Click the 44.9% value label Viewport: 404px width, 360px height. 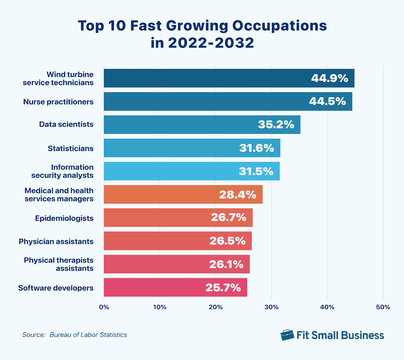329,78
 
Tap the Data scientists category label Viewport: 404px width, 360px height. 66,124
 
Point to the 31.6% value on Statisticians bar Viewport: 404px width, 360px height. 256,148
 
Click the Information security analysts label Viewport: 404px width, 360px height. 72,171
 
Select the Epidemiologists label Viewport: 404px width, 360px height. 64,218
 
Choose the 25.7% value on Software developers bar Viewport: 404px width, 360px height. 223,287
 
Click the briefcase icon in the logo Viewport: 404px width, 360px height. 287,335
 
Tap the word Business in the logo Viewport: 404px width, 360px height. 362,335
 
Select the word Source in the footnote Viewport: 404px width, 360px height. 34,335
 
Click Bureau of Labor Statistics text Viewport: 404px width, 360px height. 88,335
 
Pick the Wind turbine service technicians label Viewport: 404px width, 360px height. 58,78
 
